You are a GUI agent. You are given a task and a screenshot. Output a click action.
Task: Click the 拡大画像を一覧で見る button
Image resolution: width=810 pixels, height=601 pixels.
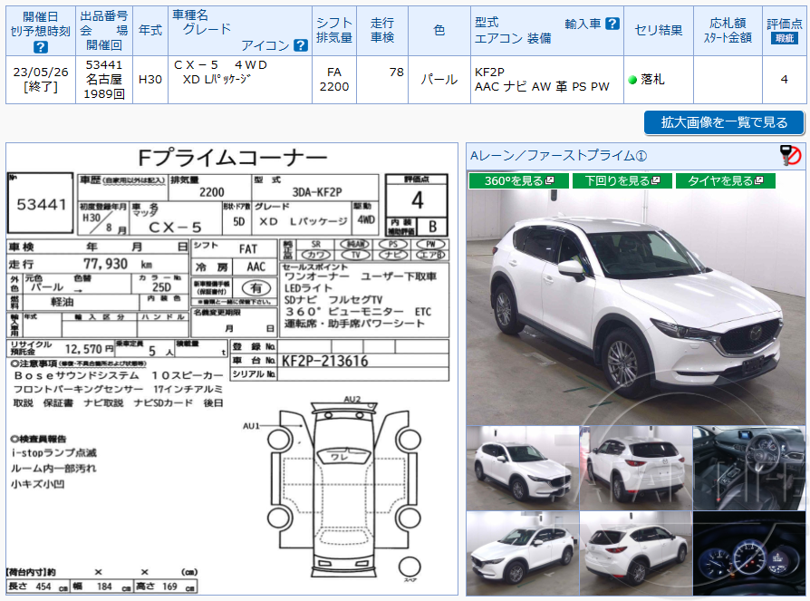click(x=724, y=122)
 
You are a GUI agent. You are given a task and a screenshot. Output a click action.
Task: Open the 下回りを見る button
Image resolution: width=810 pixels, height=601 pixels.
click(x=622, y=181)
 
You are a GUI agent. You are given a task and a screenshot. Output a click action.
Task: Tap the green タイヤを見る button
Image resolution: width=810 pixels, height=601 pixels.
click(x=725, y=181)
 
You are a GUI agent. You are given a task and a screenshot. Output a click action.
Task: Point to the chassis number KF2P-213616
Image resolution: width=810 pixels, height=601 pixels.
click(x=325, y=361)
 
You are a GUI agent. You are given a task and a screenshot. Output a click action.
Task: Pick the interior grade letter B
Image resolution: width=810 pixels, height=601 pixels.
click(x=432, y=226)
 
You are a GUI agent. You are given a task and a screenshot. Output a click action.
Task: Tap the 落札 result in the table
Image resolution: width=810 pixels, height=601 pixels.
click(x=651, y=80)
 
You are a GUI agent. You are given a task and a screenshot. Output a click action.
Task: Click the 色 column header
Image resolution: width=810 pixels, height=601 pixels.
click(x=439, y=31)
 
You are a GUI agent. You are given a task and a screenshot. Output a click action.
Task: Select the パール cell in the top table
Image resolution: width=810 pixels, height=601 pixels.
click(x=439, y=80)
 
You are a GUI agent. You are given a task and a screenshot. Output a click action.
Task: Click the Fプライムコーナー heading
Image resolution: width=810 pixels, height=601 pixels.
click(x=232, y=158)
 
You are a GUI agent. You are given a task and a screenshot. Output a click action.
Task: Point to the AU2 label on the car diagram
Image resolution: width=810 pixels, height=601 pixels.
click(x=352, y=399)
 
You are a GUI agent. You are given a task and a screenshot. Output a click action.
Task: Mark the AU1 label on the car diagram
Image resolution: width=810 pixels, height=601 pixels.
click(x=251, y=425)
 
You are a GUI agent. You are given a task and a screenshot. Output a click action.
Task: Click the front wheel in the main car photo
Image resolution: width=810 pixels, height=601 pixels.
click(x=624, y=364)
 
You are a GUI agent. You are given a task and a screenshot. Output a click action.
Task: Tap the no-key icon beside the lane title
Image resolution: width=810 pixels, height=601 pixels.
click(x=791, y=156)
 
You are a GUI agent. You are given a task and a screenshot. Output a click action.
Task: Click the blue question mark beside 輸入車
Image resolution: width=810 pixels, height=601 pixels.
click(x=612, y=24)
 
